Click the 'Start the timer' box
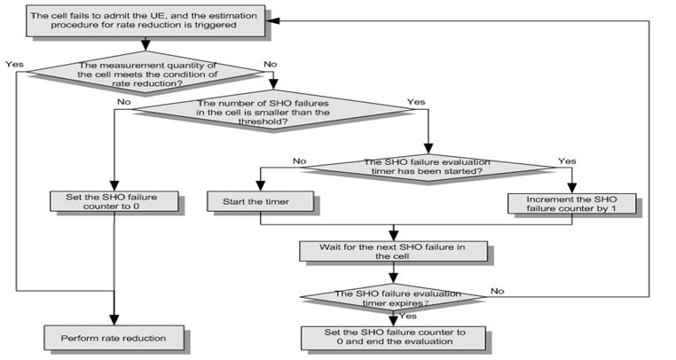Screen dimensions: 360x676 coord(260,202)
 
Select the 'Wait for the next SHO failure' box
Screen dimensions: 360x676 coord(393,251)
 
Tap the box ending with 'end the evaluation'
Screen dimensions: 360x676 coord(393,338)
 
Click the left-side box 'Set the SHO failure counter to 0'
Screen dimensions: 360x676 coord(112,202)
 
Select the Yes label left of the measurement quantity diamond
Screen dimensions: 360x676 coord(15,64)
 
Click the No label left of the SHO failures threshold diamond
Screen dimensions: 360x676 coord(123,102)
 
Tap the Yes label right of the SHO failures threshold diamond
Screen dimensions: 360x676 coord(415,102)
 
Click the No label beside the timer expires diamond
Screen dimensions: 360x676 coord(497,290)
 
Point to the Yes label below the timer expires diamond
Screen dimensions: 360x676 coord(408,315)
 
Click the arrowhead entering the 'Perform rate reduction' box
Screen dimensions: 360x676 coord(113,322)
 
